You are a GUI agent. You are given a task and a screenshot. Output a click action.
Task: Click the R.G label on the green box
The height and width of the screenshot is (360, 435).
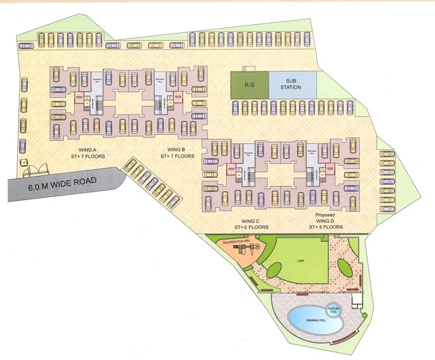click(249, 85)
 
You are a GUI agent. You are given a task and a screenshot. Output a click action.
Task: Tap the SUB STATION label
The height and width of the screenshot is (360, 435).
click(292, 84)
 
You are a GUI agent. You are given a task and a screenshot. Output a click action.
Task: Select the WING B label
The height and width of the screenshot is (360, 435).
click(177, 149)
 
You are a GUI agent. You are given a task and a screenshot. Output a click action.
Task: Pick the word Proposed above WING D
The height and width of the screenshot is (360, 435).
click(325, 215)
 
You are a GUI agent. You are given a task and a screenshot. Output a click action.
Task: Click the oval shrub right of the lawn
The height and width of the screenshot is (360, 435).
click(345, 268)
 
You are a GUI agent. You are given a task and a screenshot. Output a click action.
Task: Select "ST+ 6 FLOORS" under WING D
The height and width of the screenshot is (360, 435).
click(325, 227)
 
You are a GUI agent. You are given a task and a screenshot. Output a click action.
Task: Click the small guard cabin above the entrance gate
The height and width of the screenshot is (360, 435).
click(25, 162)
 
